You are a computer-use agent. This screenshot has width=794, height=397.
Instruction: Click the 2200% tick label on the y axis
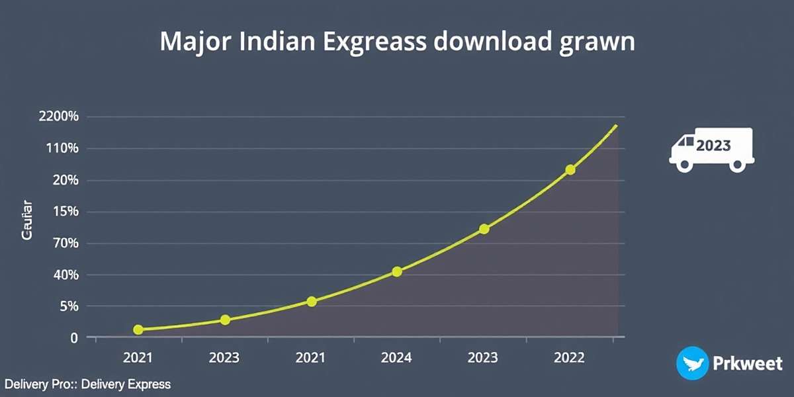[x=59, y=117]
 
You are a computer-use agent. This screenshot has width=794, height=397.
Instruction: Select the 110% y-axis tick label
[x=62, y=149]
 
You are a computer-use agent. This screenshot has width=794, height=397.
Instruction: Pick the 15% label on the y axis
[x=66, y=212]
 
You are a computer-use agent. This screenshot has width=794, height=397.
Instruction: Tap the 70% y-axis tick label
[x=65, y=243]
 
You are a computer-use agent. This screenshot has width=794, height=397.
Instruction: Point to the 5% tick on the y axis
[x=68, y=306]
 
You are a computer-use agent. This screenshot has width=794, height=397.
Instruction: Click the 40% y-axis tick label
[x=65, y=275]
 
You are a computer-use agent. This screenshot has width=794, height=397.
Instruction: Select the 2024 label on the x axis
[x=396, y=358]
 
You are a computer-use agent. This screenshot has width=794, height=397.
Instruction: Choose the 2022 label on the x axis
[x=568, y=358]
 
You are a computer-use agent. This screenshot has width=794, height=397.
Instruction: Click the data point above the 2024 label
[x=397, y=271]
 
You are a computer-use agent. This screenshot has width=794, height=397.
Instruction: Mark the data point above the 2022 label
[x=570, y=170]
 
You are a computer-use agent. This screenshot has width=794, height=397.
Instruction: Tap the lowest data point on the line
[x=138, y=330]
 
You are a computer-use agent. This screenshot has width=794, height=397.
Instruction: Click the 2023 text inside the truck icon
[x=714, y=146]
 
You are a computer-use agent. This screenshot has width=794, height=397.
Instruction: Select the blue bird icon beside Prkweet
[x=691, y=363]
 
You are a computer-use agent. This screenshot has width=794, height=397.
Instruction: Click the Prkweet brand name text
[x=748, y=363]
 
